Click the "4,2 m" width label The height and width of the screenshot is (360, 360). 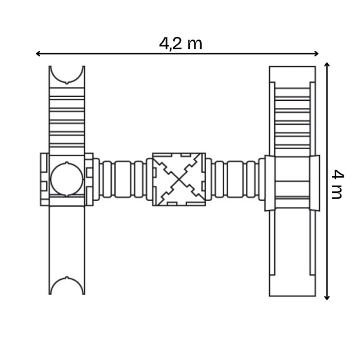click(x=181, y=43)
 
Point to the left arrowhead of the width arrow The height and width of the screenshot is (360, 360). click(x=38, y=53)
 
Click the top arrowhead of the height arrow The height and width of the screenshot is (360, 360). click(x=327, y=65)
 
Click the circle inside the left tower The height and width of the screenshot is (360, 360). click(x=66, y=179)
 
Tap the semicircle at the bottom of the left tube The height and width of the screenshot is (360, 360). click(x=66, y=285)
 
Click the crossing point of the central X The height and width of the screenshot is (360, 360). click(x=178, y=179)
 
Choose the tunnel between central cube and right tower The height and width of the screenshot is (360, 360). click(x=236, y=179)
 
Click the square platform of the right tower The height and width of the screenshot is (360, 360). click(x=292, y=183)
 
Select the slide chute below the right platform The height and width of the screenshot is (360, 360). click(x=292, y=252)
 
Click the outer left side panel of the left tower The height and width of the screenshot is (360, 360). click(x=44, y=179)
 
